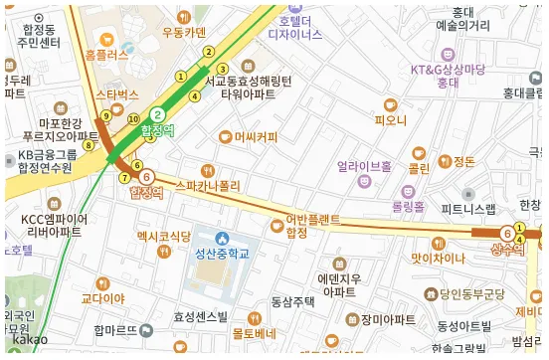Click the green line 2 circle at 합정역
point(157,113)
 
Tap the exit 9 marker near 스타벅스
point(105,116)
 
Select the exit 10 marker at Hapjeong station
point(133,119)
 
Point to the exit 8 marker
point(88,145)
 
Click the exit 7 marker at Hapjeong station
point(124,178)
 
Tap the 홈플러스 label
point(107,56)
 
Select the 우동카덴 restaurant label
point(182,32)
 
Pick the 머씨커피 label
point(256,136)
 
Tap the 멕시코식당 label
point(163,236)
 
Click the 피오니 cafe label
point(391,120)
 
